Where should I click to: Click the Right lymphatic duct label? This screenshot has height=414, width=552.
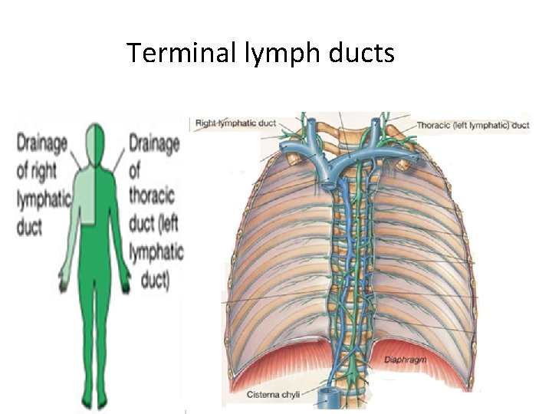[x=235, y=123]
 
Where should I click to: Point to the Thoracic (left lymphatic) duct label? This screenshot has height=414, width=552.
[x=473, y=124]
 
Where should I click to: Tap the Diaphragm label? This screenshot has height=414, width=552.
[x=399, y=358]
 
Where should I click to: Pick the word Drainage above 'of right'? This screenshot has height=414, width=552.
[x=43, y=143]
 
